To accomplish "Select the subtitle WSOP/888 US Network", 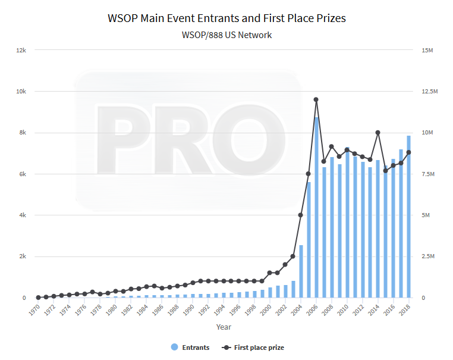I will point(227,35).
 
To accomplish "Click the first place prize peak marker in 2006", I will point(316,99).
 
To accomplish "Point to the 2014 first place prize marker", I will point(378,132).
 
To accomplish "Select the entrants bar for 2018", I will point(408,217).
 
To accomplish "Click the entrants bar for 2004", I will point(301,271).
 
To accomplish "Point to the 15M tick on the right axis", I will point(427,50).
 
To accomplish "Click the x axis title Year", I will point(224,327).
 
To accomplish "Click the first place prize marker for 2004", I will point(301,215).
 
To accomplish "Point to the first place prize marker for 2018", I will point(408,152).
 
